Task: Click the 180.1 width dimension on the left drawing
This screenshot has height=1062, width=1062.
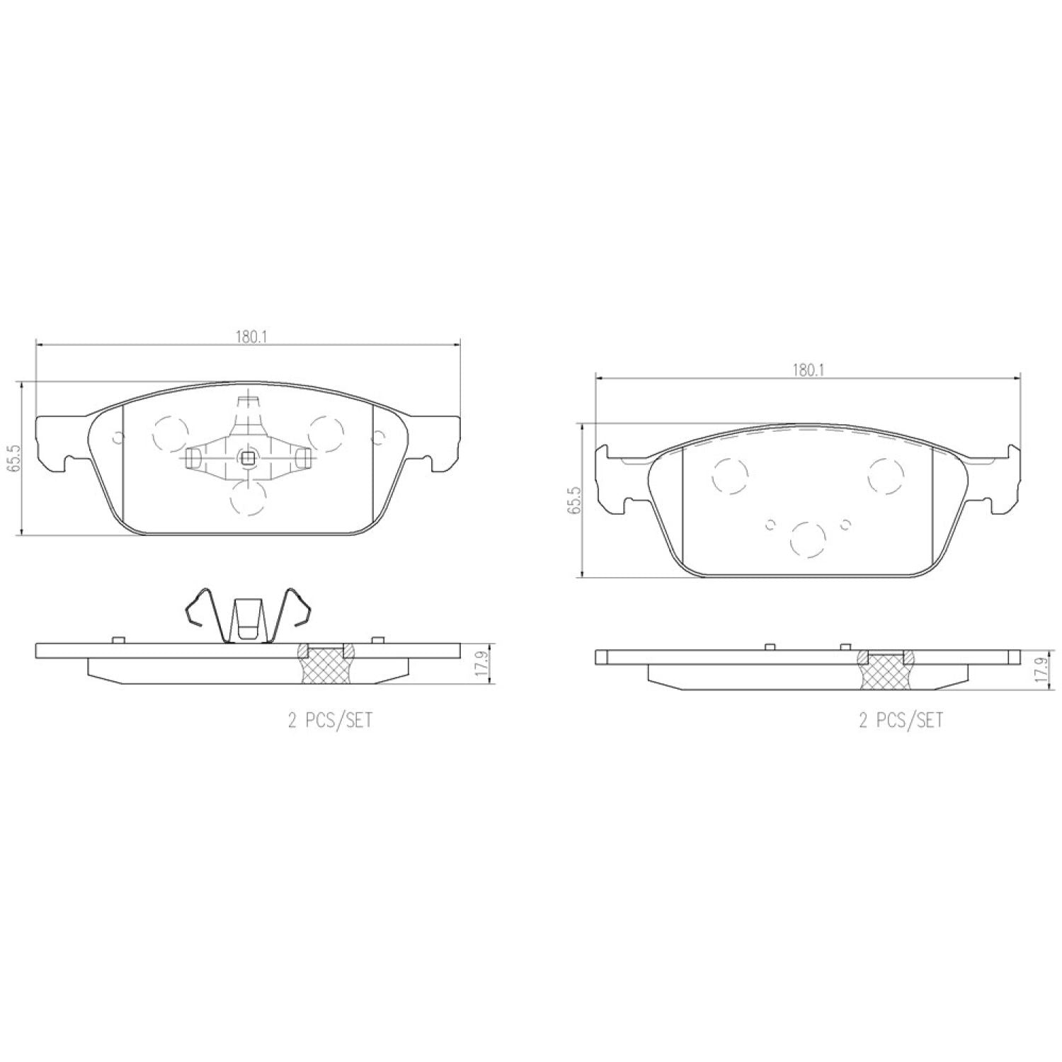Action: tap(250, 337)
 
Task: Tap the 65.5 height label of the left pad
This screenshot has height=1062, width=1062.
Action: tap(16, 458)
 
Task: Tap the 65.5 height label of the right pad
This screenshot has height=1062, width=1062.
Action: tap(574, 500)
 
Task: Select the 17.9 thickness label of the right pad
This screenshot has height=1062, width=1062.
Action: tap(1041, 669)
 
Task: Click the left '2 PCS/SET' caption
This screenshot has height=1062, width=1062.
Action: tap(330, 721)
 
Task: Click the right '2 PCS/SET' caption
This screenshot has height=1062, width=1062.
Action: tap(901, 721)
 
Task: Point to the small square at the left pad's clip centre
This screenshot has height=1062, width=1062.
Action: tap(248, 458)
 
